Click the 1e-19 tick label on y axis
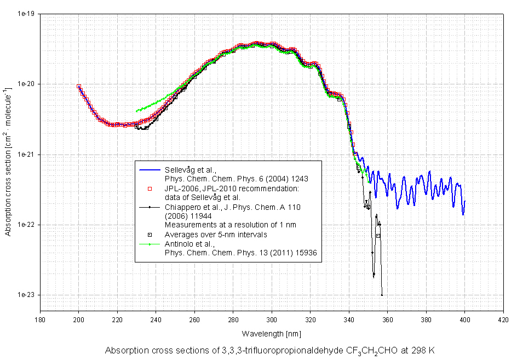26,14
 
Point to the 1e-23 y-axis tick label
26,295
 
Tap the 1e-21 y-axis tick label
26,155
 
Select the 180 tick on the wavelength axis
40,319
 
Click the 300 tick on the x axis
272,319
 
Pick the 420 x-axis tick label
503,319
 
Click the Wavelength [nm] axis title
272,333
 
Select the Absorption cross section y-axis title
8,155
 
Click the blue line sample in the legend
150,170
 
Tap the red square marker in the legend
150,189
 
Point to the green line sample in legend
150,244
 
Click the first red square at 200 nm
79,87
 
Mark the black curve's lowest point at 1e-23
382,295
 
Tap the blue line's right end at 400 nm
464,201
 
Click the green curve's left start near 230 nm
136,111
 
